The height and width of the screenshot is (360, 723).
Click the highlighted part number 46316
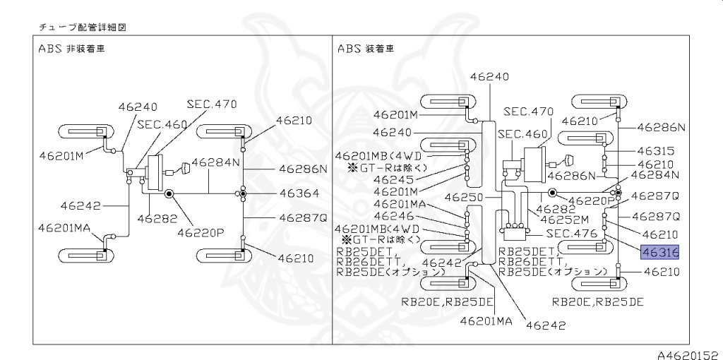coord(660,252)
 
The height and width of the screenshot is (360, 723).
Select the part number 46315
coord(656,151)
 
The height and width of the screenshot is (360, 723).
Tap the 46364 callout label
coord(299,193)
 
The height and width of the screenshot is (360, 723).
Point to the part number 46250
coord(464,198)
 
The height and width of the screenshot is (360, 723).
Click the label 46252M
coord(564,220)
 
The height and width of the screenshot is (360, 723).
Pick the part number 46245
coord(393,179)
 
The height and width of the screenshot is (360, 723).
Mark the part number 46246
coord(393,216)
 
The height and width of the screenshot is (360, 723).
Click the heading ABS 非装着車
coord(71,49)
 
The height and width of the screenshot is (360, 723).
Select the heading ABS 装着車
coord(366,49)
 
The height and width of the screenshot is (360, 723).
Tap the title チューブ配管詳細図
coord(82,28)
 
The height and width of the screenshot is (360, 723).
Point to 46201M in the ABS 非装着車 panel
coord(61,156)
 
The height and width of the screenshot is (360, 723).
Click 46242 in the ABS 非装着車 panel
coord(80,205)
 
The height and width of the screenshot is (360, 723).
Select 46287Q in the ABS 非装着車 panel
coord(303,217)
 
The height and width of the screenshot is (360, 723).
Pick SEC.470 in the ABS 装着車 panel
coord(528,112)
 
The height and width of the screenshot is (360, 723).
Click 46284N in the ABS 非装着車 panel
coord(215,162)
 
